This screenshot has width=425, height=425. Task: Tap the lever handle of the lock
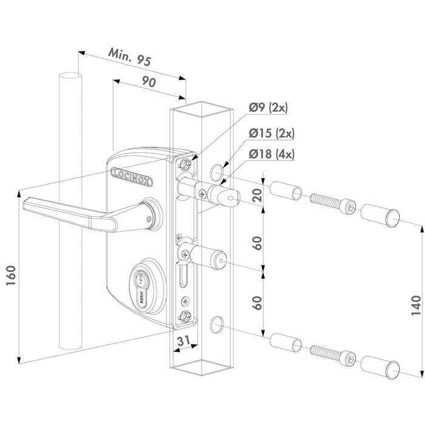pos(67,212)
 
